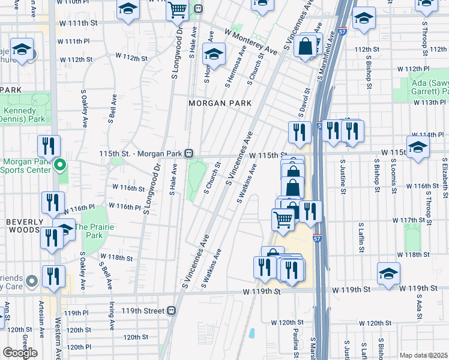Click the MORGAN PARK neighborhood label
(x=220, y=103)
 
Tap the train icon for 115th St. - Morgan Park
(x=189, y=154)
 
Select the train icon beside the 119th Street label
(x=172, y=311)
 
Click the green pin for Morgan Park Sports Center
(x=59, y=164)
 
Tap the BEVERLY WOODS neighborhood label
(x=25, y=221)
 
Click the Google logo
(x=20, y=352)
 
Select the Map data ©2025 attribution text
(x=423, y=355)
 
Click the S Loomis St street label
(x=395, y=178)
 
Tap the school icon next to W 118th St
(x=388, y=273)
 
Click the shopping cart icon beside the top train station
(x=177, y=10)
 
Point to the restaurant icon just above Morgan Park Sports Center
(x=49, y=146)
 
